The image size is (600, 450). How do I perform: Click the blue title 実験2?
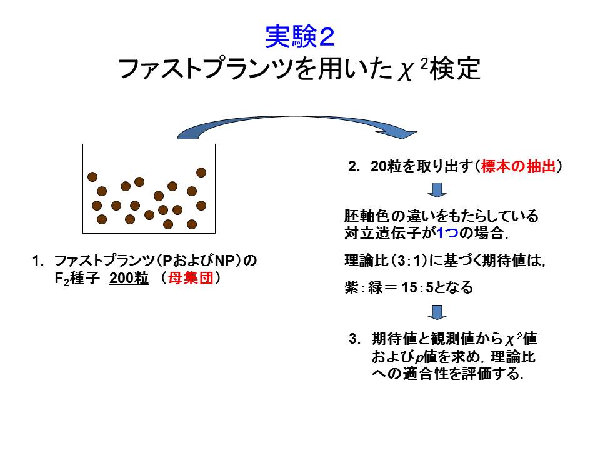point(300,37)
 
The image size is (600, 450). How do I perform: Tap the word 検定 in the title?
point(456,69)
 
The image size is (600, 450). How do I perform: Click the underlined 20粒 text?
point(386,166)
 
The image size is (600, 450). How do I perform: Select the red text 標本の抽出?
point(518,166)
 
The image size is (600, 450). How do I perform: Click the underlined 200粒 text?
point(129,278)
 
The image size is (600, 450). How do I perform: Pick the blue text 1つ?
point(447,232)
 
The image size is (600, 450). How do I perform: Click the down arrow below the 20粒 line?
point(437,190)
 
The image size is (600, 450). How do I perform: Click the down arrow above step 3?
point(437,312)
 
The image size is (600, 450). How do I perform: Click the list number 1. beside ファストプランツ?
point(38,261)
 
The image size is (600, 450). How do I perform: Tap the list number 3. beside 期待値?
point(354,339)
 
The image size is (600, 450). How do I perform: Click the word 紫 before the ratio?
point(351,287)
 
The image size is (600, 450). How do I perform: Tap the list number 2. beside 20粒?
point(354,167)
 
